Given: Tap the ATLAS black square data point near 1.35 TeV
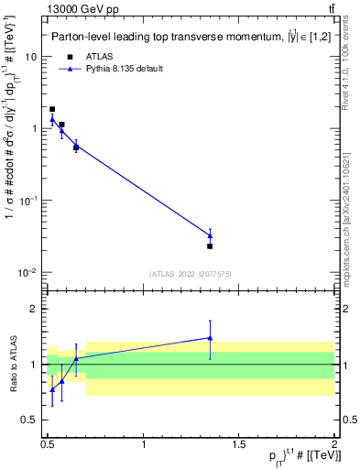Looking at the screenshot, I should pyautogui.click(x=210, y=245).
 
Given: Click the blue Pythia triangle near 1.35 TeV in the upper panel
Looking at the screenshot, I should pyautogui.click(x=210, y=235).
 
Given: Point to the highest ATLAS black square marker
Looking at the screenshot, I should pyautogui.click(x=52, y=109).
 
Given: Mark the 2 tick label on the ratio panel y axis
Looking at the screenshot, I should pyautogui.click(x=35, y=309).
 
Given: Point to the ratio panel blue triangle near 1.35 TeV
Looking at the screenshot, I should pyautogui.click(x=210, y=338).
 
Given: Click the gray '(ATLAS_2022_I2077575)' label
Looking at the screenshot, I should pyautogui.click(x=191, y=274).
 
